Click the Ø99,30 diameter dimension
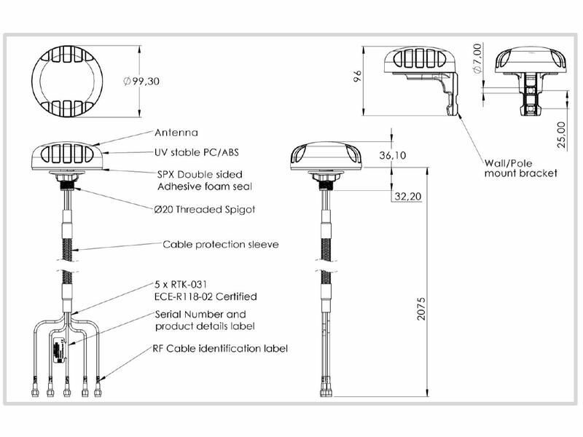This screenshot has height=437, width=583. (x=141, y=81)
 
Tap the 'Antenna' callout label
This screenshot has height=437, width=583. (x=176, y=133)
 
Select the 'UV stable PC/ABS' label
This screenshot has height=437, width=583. (x=197, y=152)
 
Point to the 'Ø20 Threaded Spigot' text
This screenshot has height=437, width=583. (x=205, y=210)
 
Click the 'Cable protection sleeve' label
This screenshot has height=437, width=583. (x=221, y=245)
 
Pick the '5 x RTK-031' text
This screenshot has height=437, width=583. (x=180, y=285)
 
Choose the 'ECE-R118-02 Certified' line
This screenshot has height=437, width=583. (x=206, y=296)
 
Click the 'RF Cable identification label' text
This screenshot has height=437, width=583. (x=220, y=349)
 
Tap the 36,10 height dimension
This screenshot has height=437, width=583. (x=393, y=155)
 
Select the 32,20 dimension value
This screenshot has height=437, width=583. (x=408, y=196)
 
